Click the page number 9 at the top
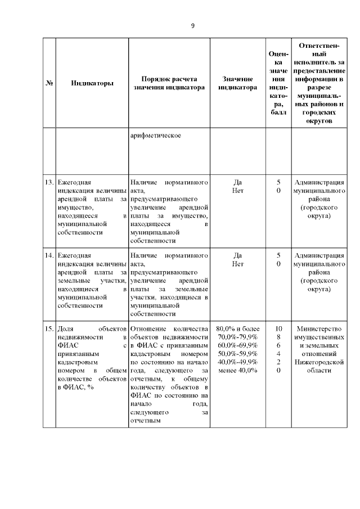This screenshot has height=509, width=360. pos(193,26)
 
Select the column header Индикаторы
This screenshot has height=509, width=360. pos(92,83)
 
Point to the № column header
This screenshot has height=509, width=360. pos(49,83)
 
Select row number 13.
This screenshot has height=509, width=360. pos(48,183)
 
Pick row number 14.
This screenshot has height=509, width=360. pos(48,255)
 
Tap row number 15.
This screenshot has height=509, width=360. pos(48,328)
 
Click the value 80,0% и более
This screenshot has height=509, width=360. pos(237,328)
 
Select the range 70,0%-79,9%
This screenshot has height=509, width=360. pos(237,336)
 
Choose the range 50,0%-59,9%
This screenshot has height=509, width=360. pos(237,353)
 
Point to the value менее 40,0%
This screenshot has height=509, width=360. pos(237,370)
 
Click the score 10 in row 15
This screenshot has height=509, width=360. pos(278,328)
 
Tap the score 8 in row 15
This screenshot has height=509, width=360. pos(278,336)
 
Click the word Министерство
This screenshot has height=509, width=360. pos(319,328)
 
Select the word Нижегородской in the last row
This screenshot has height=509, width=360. pos(319,362)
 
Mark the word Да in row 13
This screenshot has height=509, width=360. pos(237,183)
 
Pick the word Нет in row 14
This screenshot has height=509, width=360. pos(237,264)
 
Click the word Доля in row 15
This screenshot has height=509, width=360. pos(66,328)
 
